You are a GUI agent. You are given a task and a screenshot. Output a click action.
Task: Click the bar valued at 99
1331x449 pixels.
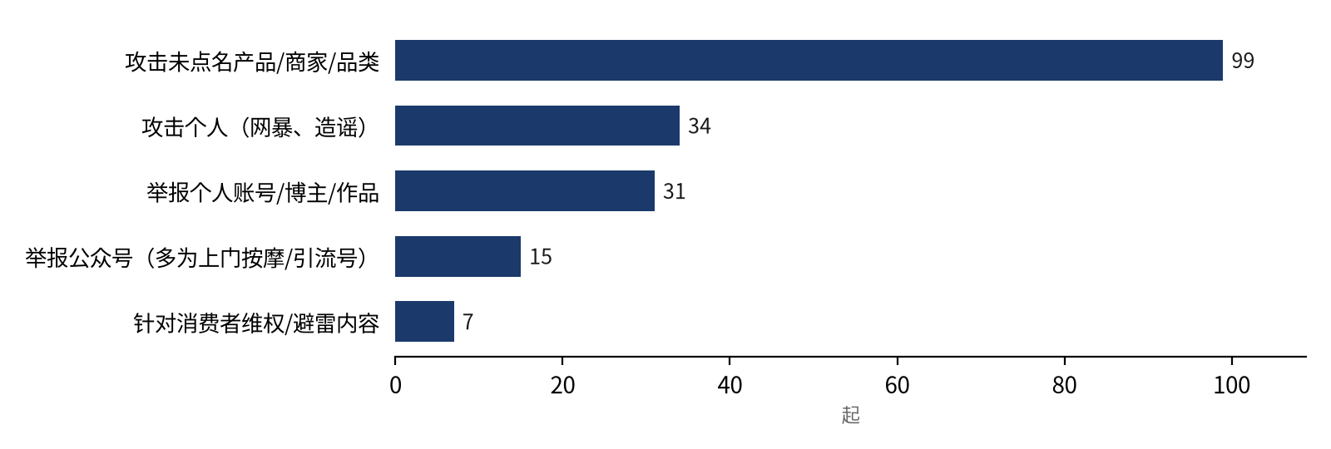[809, 60]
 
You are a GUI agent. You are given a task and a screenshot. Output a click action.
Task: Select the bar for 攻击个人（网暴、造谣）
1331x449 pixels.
[537, 126]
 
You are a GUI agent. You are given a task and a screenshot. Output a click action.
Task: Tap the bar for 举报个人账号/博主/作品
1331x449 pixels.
[525, 190]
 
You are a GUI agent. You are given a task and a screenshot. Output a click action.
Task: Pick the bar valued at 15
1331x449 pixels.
[458, 256]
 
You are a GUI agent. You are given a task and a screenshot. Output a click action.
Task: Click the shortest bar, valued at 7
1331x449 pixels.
[424, 321]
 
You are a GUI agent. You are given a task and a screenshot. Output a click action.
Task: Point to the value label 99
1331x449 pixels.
[1243, 61]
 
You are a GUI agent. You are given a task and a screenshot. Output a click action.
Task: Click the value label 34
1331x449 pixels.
[700, 126]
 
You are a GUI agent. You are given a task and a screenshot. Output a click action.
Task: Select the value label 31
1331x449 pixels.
[675, 191]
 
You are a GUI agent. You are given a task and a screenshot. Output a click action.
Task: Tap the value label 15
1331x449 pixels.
[541, 257]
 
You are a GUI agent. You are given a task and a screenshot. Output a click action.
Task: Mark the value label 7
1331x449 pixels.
[468, 322]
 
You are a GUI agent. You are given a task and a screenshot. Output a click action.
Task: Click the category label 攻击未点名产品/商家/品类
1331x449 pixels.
[252, 62]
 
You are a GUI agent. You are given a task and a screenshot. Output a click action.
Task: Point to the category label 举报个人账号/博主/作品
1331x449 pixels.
[263, 192]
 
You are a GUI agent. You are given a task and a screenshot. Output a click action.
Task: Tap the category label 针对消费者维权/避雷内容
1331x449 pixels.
[256, 323]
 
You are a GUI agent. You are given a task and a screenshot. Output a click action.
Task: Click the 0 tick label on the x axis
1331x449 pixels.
[395, 386]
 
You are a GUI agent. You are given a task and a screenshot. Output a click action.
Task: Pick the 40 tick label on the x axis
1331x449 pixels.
[730, 386]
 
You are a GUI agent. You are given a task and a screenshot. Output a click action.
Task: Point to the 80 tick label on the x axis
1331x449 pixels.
[1064, 386]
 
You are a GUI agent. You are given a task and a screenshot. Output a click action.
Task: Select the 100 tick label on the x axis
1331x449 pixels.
[1232, 386]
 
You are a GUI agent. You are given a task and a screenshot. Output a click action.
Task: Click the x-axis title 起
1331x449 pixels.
[851, 415]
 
